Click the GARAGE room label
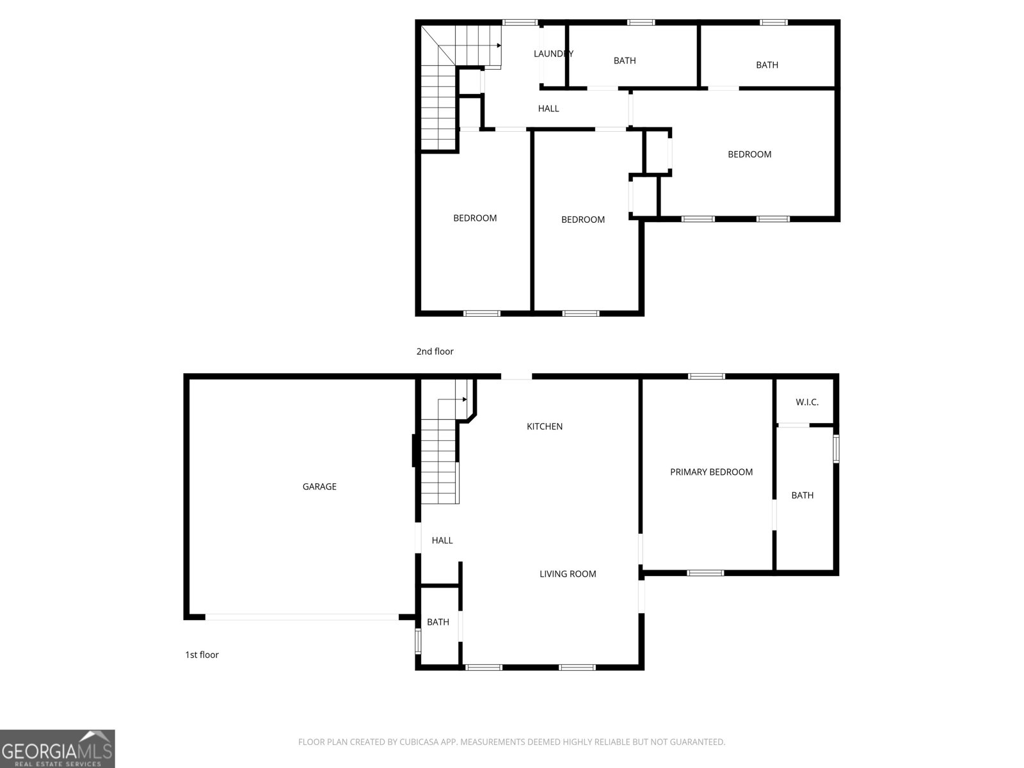319,486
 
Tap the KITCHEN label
545,426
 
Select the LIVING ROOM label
568,574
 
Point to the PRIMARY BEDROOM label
712,472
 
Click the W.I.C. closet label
807,402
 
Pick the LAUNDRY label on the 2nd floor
554,54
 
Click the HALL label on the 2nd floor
548,109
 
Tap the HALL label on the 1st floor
442,540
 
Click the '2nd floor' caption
435,351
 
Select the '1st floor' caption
202,655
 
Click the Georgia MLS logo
58,749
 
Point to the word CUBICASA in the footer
419,742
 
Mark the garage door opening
302,617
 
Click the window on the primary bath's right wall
836,449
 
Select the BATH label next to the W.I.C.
803,495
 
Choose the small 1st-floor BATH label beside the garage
438,622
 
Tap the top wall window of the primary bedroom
707,376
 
